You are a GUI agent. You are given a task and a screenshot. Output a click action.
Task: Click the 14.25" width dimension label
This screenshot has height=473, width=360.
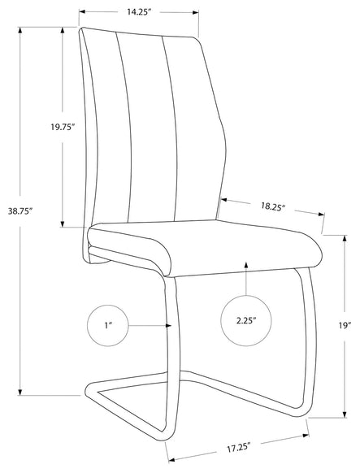tap(138, 11)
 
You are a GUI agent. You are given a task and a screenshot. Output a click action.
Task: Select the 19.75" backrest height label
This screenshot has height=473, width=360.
tap(63, 127)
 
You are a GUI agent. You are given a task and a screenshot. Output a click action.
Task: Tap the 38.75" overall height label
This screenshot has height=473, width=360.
tap(20, 211)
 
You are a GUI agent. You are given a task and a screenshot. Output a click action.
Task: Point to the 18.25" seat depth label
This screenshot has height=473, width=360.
tap(273, 206)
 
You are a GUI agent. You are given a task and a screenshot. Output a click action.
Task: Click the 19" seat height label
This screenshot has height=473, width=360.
tap(345, 325)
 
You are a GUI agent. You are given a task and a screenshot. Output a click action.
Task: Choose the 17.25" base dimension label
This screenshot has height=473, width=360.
tap(238, 447)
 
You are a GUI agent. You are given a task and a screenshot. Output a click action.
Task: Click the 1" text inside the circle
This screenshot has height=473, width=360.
tap(108, 325)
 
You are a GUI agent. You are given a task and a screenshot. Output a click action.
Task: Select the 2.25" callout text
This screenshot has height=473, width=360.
tap(246, 320)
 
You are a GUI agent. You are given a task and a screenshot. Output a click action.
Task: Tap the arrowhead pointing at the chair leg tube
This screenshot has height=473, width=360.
tap(168, 325)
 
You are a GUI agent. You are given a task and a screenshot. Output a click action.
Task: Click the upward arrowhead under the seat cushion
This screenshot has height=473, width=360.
tap(246, 265)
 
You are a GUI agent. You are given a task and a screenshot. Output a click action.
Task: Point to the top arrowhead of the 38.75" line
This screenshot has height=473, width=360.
tap(20, 30)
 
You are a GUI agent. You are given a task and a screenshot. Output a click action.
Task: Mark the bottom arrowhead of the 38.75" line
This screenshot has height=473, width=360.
tap(20, 392)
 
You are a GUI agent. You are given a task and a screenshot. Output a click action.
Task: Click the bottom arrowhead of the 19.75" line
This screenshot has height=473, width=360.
tap(63, 223)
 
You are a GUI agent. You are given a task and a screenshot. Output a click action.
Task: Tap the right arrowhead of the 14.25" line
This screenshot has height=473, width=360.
tap(195, 12)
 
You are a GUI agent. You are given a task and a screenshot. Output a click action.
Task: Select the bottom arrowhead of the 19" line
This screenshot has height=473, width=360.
tap(345, 414)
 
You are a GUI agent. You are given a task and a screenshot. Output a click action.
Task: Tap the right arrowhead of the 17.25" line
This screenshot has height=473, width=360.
tap(306, 436)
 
